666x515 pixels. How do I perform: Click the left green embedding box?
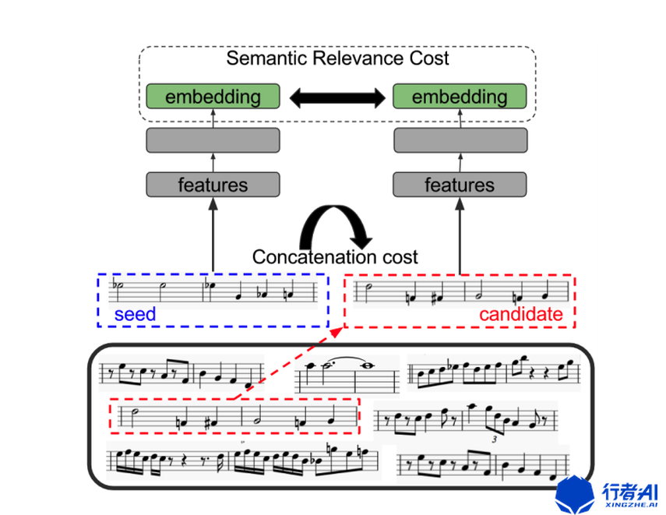point(213,96)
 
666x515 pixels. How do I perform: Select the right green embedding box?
point(460,96)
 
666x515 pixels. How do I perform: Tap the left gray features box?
point(213,185)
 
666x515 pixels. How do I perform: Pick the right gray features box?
point(460,185)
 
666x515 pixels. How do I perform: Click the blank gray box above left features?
point(213,140)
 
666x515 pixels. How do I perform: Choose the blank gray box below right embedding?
point(460,140)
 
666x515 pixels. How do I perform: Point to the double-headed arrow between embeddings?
point(337,97)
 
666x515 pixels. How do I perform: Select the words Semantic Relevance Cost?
point(337,58)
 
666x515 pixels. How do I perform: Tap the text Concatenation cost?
point(335,257)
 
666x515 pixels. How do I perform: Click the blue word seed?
point(135,315)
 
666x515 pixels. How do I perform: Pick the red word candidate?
point(521,315)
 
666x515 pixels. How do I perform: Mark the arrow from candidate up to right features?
point(460,236)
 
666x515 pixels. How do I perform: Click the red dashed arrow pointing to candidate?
point(288,364)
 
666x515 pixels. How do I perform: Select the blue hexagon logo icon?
point(575,495)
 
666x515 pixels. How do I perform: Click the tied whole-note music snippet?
point(347,373)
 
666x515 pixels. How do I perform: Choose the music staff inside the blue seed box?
point(213,291)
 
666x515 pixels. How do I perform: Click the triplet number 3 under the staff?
point(494,439)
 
